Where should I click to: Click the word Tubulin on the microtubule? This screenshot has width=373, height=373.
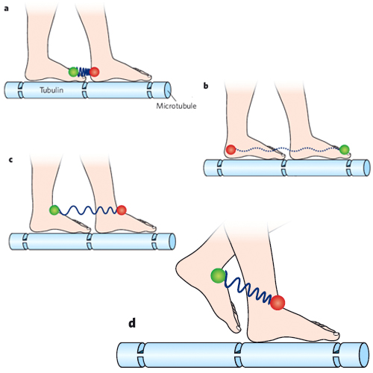tap(51, 90)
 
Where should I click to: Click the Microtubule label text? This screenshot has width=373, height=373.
tap(176, 106)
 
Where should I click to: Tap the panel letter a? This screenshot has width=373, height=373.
tap(6, 9)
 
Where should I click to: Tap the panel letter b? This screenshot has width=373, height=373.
tap(206, 86)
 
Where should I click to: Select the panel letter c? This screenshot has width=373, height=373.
tap(10, 160)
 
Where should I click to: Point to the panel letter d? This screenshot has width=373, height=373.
tap(132, 323)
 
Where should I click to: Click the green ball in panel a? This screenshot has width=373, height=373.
tap(73, 72)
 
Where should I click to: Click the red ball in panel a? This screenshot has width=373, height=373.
tap(94, 72)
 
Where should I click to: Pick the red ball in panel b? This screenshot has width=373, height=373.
tap(231, 149)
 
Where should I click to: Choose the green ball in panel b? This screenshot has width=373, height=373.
tap(345, 149)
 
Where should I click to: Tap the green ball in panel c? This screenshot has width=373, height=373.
tap(54, 210)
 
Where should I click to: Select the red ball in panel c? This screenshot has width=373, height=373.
tap(122, 210)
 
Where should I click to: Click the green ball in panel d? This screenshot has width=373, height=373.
tap(219, 275)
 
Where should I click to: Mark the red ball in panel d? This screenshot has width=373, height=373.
tap(278, 302)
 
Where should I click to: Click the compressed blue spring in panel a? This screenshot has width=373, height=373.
tap(84, 72)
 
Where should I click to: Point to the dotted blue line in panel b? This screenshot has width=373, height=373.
tap(287, 149)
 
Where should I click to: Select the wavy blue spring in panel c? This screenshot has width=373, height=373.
tap(88, 210)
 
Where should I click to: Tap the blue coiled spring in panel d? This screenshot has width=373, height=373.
tap(248, 289)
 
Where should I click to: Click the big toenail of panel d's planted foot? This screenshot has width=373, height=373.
tap(336, 333)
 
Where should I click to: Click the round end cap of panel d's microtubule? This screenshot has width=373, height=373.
tap(363, 355)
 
